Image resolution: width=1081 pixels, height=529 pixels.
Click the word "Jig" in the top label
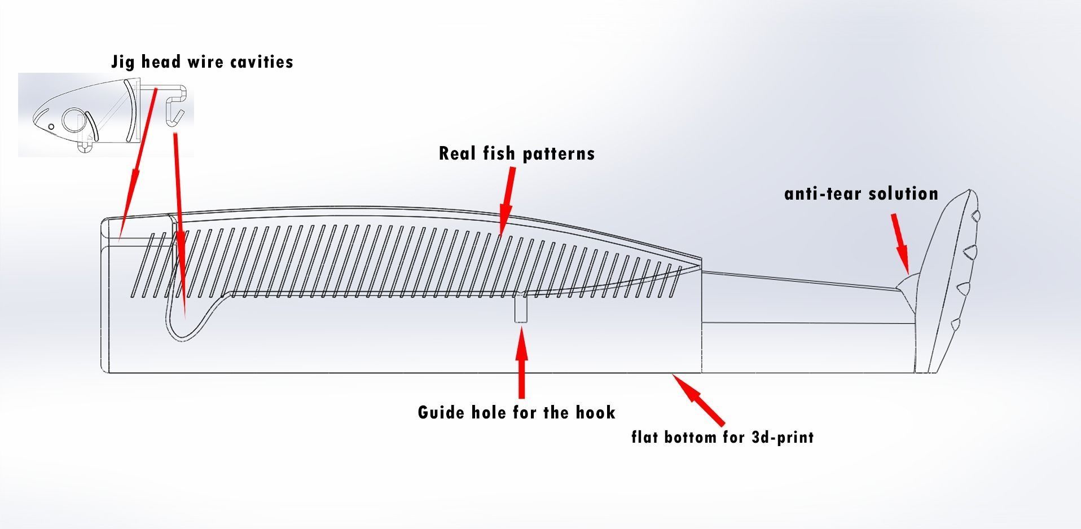tap(122, 61)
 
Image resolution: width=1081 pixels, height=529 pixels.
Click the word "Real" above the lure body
tap(458, 153)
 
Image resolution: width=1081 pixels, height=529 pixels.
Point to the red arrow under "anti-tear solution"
tap(900, 243)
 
